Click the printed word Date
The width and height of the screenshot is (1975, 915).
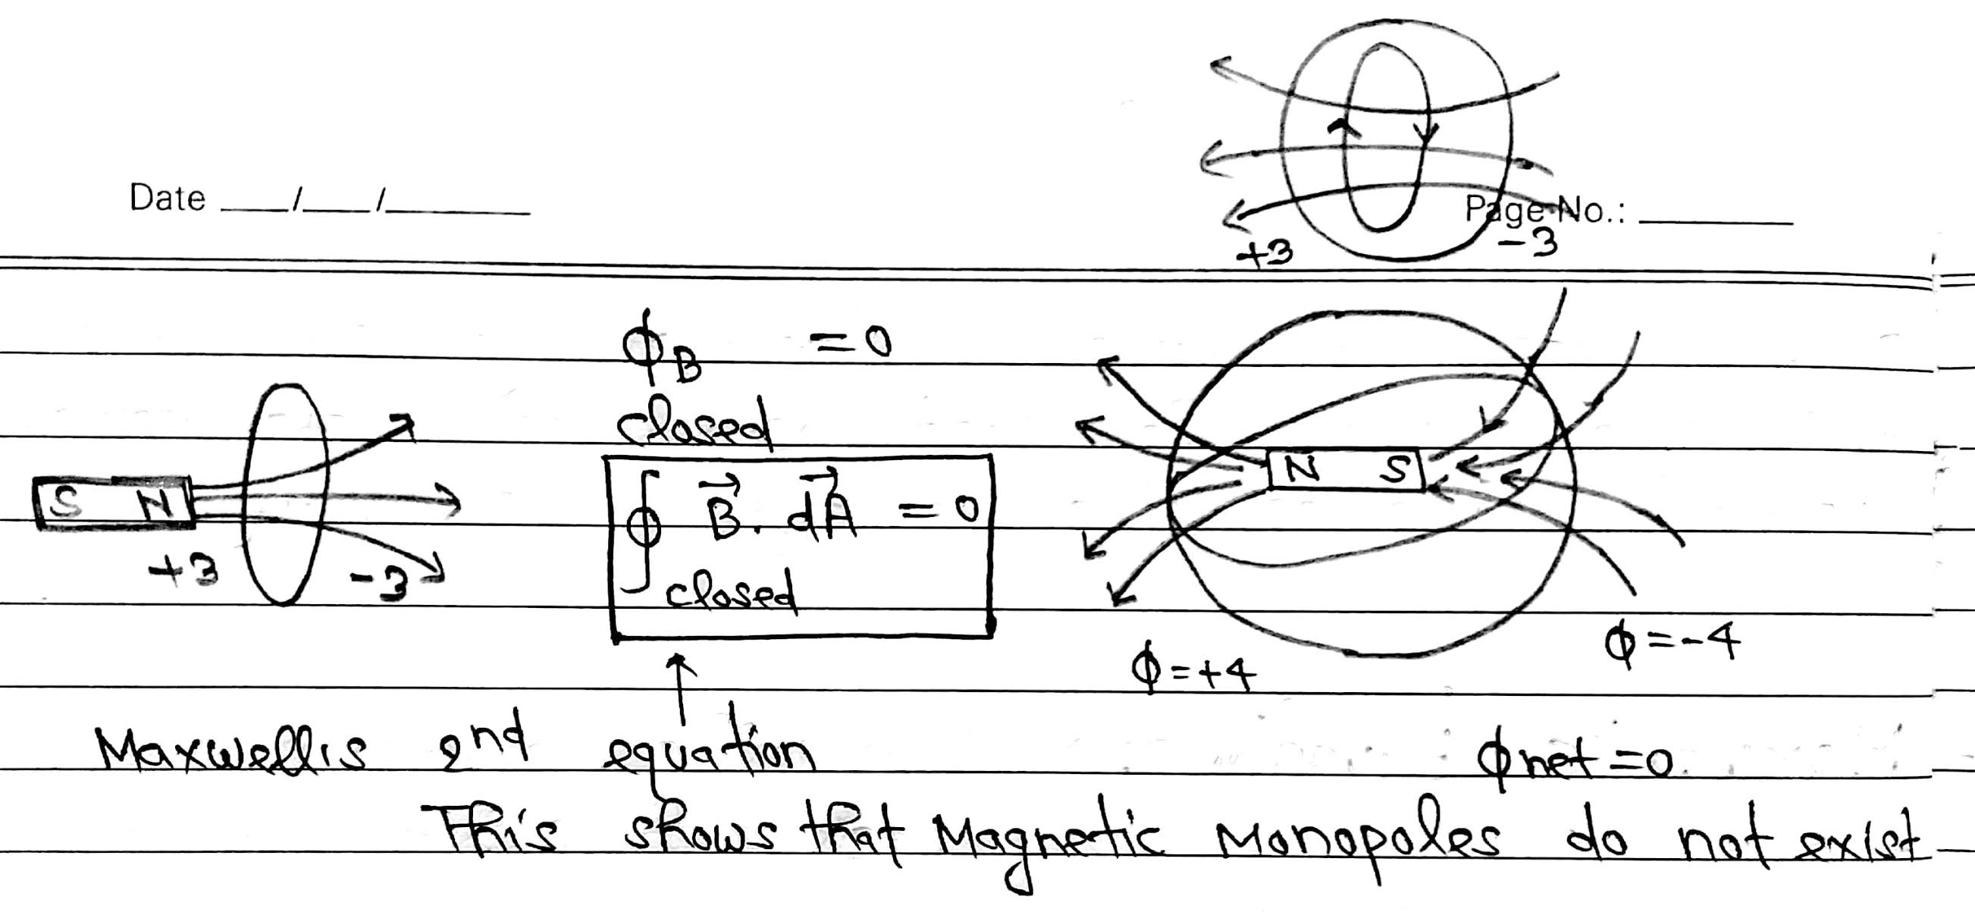(x=167, y=199)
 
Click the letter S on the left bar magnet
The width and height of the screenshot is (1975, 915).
(x=67, y=502)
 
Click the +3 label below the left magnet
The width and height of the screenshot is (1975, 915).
(x=184, y=572)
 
